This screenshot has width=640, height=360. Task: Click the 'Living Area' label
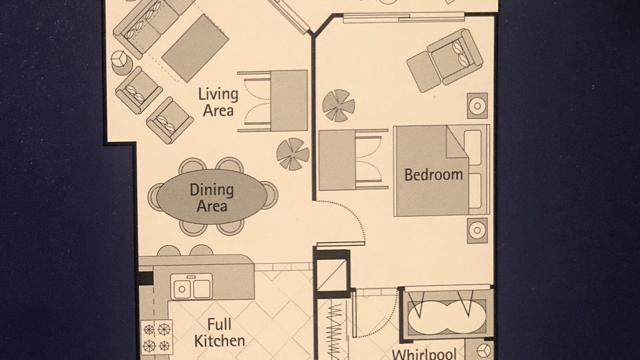click(218, 102)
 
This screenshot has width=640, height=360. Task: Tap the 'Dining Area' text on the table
click(211, 198)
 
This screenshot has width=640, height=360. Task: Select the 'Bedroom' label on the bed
click(433, 174)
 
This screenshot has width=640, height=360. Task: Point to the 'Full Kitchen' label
click(219, 332)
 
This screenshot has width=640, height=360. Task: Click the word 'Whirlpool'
click(424, 355)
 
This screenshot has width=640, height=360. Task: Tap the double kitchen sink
click(191, 286)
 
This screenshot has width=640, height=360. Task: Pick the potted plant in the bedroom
click(338, 105)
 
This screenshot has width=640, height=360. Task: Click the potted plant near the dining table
click(292, 154)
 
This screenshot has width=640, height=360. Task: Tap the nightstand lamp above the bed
click(477, 105)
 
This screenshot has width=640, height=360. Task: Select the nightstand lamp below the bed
click(477, 230)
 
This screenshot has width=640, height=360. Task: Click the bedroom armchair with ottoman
click(445, 60)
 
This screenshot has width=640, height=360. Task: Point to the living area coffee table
click(195, 48)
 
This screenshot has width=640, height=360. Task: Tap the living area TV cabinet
click(289, 101)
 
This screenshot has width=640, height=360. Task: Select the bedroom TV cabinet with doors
click(337, 160)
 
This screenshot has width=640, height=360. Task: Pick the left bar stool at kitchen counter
click(168, 250)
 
